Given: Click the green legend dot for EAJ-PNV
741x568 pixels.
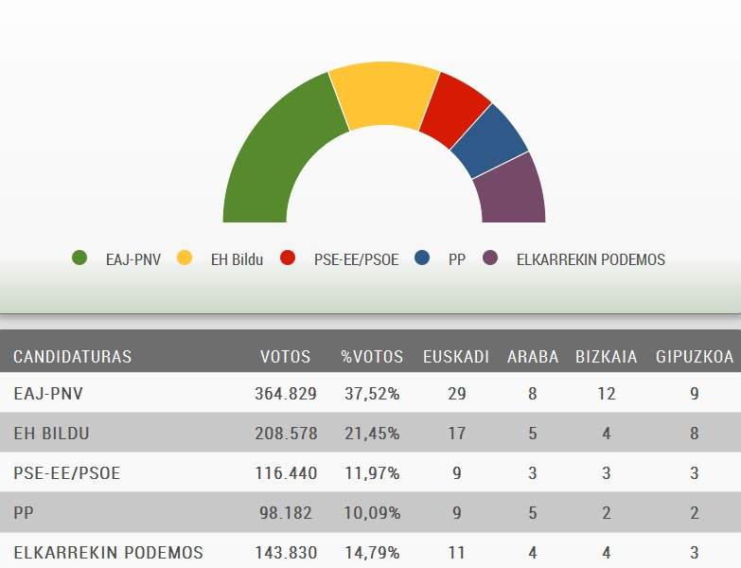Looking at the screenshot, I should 79,258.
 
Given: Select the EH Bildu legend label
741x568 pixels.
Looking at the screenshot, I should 236,258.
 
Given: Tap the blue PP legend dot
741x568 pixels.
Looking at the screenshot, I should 423,258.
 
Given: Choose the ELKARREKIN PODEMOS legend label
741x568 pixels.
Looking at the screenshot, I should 591,258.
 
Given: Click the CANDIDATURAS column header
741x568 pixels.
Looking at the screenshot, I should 72,357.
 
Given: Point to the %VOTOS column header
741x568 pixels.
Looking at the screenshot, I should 372,357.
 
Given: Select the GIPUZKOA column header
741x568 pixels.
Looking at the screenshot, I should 695,357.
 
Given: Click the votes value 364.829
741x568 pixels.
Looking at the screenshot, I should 286,394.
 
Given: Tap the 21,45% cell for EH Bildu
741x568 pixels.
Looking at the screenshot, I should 371,434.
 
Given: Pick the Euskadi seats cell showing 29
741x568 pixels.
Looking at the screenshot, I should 456,394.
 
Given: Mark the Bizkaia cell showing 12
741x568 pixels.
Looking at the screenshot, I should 606,394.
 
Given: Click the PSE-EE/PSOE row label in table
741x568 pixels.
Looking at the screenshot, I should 67,473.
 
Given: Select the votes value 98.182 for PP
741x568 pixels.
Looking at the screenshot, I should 290,513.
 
